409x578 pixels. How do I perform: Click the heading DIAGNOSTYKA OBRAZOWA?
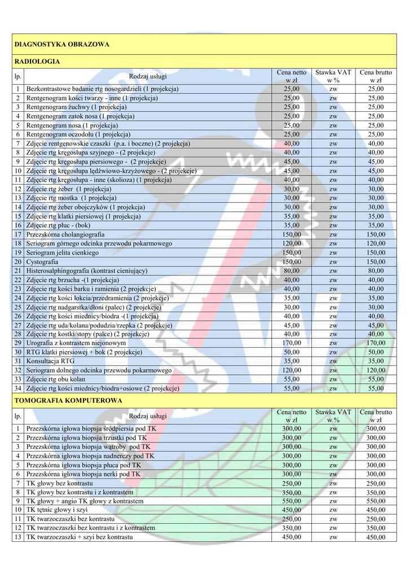point(61,44)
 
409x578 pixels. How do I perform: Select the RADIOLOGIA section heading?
point(37,62)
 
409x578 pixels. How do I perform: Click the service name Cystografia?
point(42,262)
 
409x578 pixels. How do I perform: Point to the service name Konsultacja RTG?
point(50,361)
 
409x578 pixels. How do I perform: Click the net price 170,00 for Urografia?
point(292,343)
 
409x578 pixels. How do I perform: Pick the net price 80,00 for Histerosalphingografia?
point(292,271)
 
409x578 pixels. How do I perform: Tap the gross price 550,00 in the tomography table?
point(375,501)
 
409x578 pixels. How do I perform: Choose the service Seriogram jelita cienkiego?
point(63,253)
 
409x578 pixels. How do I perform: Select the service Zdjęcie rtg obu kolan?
point(57,379)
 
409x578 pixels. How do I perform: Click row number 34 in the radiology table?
point(18,388)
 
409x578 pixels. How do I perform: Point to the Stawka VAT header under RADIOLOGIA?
point(333,76)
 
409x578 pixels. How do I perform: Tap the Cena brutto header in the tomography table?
point(375,416)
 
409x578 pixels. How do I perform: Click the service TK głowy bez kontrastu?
point(59,483)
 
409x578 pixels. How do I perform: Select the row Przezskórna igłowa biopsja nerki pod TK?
point(83,474)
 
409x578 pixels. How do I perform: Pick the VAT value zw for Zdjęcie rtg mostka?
point(333,198)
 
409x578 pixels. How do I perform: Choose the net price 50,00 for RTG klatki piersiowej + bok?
point(292,352)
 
